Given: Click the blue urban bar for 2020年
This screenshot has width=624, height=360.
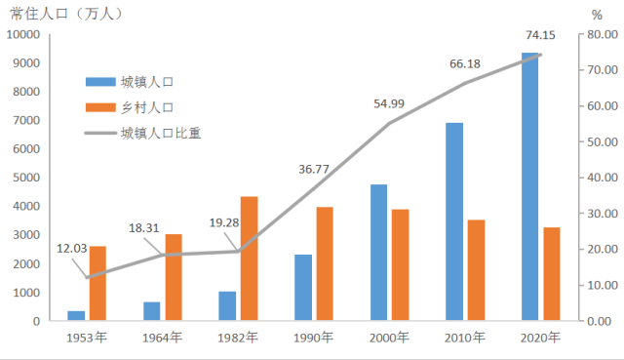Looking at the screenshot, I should (x=530, y=186).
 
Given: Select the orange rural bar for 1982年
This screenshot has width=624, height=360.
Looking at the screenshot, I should (x=249, y=259).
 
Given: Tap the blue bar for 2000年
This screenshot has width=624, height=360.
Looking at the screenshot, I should (x=378, y=252).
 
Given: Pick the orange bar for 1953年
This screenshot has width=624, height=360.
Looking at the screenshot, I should (x=97, y=283).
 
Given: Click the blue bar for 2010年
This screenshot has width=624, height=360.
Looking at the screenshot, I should (x=454, y=221).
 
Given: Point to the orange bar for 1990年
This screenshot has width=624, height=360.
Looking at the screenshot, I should (x=325, y=263).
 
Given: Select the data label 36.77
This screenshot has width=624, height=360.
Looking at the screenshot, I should (x=314, y=169).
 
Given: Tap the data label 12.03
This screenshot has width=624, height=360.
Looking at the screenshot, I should (x=72, y=248).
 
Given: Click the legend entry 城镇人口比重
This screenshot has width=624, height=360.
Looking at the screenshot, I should (x=161, y=134).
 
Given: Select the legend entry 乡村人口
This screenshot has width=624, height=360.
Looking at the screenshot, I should (x=147, y=107).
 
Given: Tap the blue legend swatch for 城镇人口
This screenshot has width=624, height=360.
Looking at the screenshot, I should (x=100, y=81).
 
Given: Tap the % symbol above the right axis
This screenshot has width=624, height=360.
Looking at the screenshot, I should (x=596, y=16).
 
